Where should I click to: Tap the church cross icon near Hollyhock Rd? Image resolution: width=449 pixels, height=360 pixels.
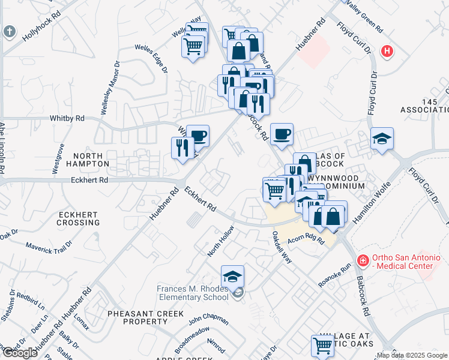[x=9, y=31]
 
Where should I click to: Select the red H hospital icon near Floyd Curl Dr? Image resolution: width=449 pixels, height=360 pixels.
[x=387, y=51]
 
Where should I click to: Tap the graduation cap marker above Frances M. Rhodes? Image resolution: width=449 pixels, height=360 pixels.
[x=232, y=277]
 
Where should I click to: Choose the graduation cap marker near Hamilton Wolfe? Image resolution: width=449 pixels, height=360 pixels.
[x=382, y=139]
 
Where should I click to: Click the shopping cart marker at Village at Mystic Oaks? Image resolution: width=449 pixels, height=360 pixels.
[x=322, y=346]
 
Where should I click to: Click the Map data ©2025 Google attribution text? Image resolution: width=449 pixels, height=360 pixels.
[x=412, y=355]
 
